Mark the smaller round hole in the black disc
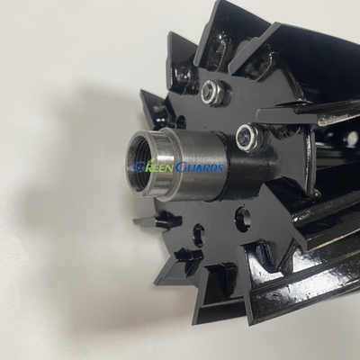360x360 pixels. click(198, 235)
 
